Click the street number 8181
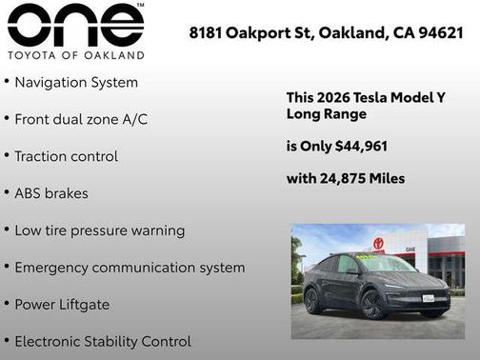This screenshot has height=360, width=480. point(208,32)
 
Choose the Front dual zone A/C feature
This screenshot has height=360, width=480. point(81,120)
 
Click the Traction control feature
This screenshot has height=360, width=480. point(66,156)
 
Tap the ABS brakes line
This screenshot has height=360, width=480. point(51,193)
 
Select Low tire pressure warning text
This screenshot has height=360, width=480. point(100,230)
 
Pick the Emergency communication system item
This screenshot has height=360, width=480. point(130,268)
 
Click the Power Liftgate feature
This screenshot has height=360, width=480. point(62,305)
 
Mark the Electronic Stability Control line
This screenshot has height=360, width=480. point(103,341)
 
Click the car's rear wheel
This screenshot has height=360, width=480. point(312,301)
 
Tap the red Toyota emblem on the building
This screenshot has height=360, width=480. point(378,244)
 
